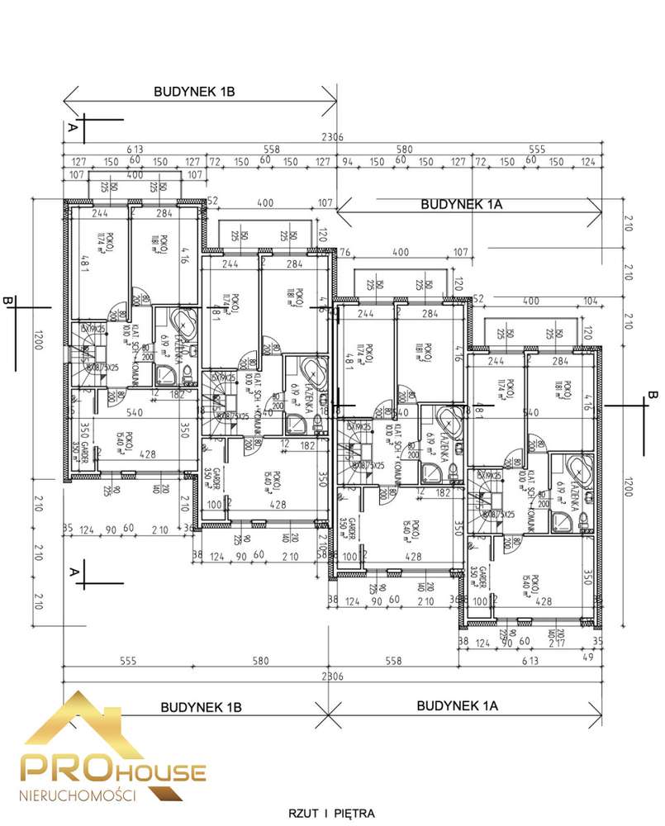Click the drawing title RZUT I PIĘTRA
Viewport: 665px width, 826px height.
[x=332, y=813]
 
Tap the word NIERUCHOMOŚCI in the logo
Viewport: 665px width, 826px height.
[x=77, y=794]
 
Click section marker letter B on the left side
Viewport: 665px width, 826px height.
[x=9, y=302]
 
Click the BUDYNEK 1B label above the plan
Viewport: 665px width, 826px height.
[x=194, y=93]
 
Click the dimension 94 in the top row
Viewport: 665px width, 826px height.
[x=348, y=161]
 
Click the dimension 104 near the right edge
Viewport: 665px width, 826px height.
[x=589, y=301]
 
